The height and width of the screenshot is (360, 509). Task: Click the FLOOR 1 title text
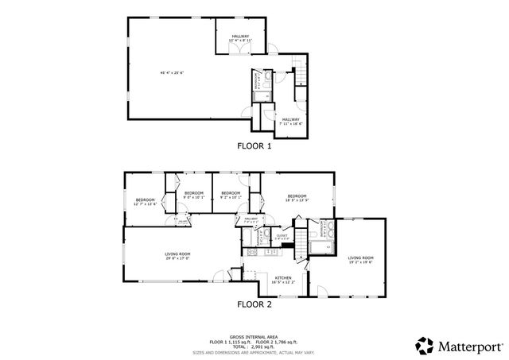click(254, 146)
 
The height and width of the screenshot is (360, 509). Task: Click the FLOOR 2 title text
click(254, 304)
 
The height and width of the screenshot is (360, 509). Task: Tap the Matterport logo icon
click(424, 344)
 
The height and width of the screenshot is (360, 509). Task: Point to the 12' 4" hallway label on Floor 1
click(240, 39)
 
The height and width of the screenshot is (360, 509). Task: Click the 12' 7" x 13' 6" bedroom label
click(145, 202)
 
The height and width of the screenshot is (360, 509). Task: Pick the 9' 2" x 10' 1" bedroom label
click(231, 195)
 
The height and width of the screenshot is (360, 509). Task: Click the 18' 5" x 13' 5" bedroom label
click(297, 198)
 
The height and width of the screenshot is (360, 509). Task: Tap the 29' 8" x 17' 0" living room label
click(178, 256)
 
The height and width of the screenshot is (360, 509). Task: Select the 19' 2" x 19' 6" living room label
click(360, 260)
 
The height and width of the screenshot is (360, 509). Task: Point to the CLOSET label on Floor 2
click(282, 236)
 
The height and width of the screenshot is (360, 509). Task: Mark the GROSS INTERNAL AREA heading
click(254, 336)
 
